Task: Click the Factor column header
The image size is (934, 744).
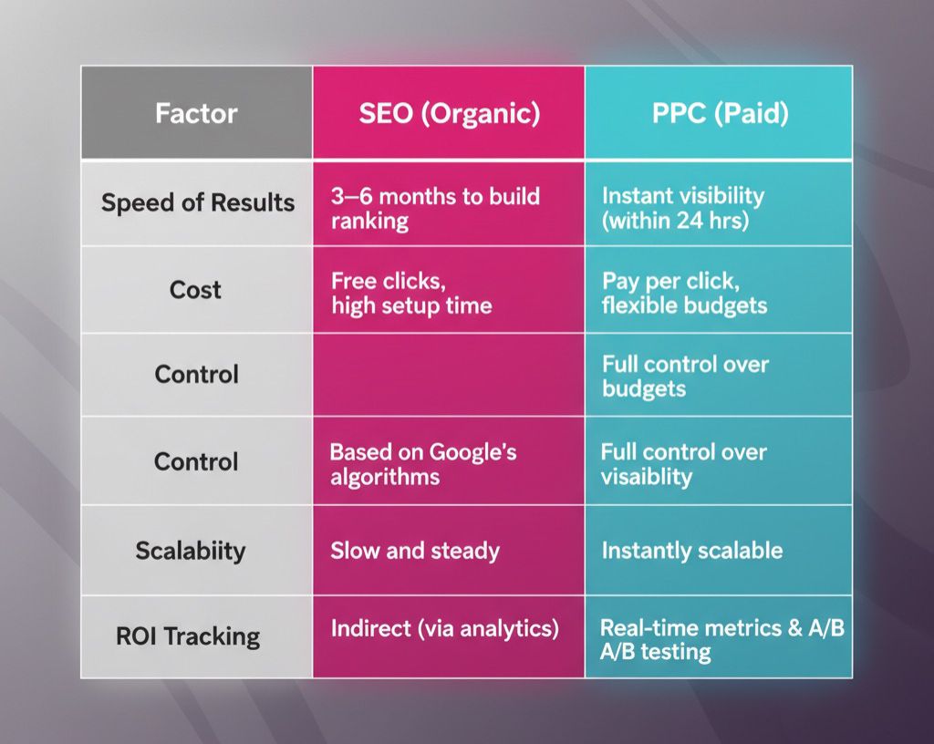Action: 196,114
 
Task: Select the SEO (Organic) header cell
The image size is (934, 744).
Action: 449,114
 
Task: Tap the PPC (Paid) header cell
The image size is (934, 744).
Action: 719,114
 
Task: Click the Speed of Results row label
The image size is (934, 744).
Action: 198,202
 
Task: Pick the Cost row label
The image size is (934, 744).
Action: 195,290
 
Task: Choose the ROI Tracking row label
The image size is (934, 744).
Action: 188,635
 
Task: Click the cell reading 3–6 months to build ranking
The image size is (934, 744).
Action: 435,208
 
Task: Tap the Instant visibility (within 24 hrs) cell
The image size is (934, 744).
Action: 682,208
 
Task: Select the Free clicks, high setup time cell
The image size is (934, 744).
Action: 411,293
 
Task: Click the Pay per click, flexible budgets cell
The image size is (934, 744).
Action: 684,293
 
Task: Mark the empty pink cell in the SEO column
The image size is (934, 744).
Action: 449,375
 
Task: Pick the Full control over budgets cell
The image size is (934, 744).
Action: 685,376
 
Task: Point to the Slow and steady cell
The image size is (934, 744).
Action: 415,551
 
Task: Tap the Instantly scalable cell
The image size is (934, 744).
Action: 691,551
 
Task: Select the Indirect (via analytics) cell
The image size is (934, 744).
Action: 444,628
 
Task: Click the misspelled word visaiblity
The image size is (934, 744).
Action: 646,476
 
